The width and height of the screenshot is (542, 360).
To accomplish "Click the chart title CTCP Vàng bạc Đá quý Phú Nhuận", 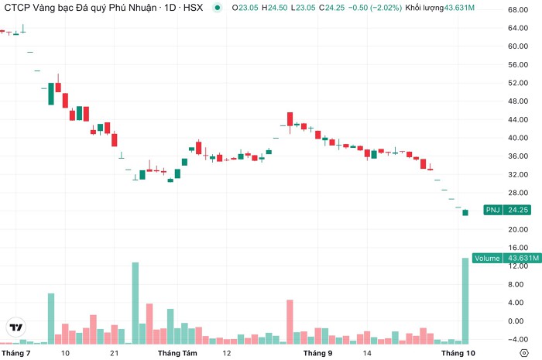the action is click(81, 8).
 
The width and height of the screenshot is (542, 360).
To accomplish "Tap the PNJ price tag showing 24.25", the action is click(507, 210).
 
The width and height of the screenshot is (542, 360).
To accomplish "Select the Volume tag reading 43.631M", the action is click(506, 258).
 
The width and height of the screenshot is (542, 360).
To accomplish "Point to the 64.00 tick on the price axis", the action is click(518, 28).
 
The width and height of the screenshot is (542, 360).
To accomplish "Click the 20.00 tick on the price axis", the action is click(518, 229).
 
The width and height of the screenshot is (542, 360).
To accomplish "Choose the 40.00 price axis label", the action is click(518, 138).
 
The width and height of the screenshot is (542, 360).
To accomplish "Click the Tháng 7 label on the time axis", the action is click(16, 353).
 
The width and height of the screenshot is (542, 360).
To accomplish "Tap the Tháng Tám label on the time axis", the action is click(177, 353).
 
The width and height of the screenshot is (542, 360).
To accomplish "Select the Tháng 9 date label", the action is click(317, 353).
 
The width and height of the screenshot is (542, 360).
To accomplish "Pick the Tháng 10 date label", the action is click(458, 353).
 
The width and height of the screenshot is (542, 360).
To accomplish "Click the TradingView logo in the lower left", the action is click(16, 327).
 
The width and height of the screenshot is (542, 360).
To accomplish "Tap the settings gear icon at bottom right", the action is click(524, 353).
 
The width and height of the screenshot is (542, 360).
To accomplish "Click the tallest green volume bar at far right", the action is click(465, 301).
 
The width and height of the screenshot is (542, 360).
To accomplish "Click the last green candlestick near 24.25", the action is click(465, 212).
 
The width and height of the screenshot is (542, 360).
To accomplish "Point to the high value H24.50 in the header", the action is click(274, 8).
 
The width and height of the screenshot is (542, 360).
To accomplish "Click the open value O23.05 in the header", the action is click(245, 8).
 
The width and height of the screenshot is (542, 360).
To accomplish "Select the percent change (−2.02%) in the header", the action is click(386, 8).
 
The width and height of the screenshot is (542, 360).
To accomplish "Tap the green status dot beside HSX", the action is click(217, 7).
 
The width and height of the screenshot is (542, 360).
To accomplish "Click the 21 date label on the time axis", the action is click(114, 353).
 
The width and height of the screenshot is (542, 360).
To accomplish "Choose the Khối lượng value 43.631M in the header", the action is click(459, 8).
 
